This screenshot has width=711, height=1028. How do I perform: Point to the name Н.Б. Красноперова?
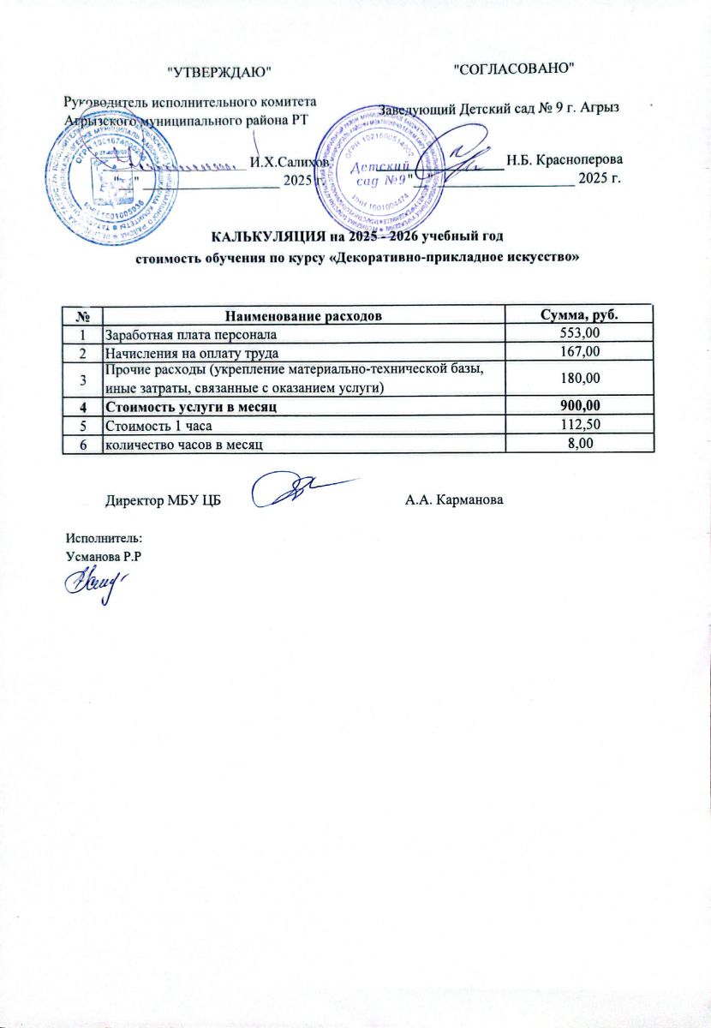tap(564, 159)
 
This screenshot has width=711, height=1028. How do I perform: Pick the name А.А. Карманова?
tap(454, 499)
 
